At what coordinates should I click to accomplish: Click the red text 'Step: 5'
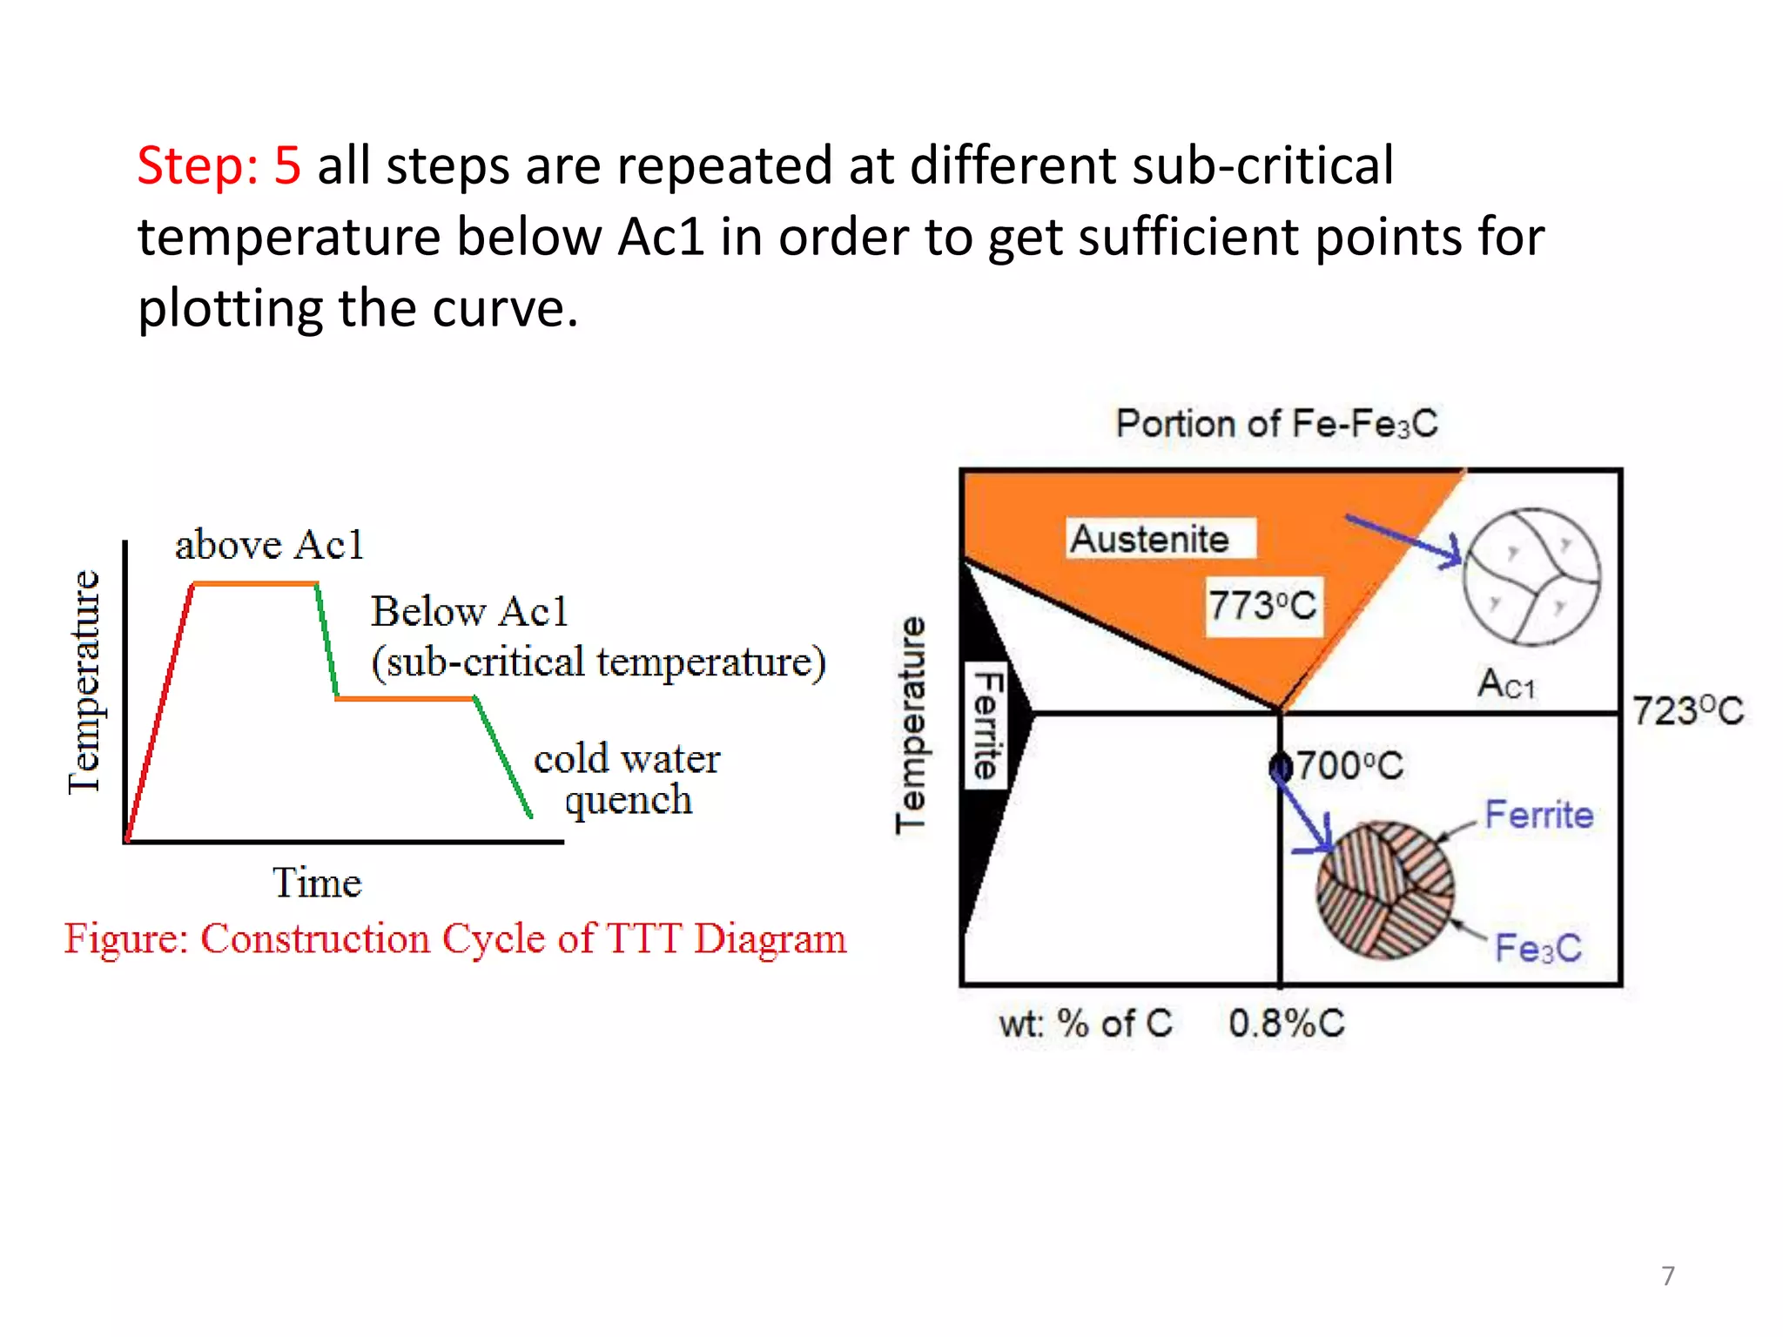coord(219,165)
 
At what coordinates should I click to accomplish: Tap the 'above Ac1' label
coord(268,546)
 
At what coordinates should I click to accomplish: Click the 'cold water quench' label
coord(627,778)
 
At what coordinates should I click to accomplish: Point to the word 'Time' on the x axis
coord(317,883)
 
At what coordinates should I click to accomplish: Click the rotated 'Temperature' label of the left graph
coord(85,682)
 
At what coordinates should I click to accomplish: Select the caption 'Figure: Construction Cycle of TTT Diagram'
coord(454,939)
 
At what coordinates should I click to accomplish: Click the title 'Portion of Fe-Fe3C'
coord(1276,424)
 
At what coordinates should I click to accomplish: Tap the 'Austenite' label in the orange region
coord(1149,539)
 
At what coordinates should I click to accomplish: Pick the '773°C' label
coord(1262,605)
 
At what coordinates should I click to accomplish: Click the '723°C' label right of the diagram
coord(1687,711)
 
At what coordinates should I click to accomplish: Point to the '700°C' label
coord(1349,766)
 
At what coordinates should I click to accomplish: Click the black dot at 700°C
coord(1280,767)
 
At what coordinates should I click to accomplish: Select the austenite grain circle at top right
coord(1531,576)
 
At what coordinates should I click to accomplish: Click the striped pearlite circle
coord(1384,890)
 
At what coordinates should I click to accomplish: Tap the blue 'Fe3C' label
coord(1537,948)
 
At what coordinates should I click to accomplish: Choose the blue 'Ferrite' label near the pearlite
coord(1538,815)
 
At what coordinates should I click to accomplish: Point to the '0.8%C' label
coord(1286,1024)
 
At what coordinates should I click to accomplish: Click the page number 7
coord(1667,1275)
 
